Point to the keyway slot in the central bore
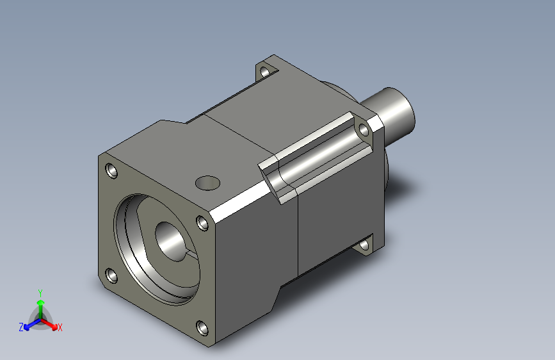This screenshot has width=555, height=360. pos(189,254)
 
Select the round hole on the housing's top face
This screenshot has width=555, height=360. pos(207,183)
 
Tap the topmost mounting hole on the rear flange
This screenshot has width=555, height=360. pos(265,71)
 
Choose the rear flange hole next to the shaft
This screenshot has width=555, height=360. pos(364,130)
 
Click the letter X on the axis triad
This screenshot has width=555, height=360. pos(60,328)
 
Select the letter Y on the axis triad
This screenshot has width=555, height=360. pos(40,291)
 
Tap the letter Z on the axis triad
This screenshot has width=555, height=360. pos(21,327)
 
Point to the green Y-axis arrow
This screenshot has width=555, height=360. pos(40,304)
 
